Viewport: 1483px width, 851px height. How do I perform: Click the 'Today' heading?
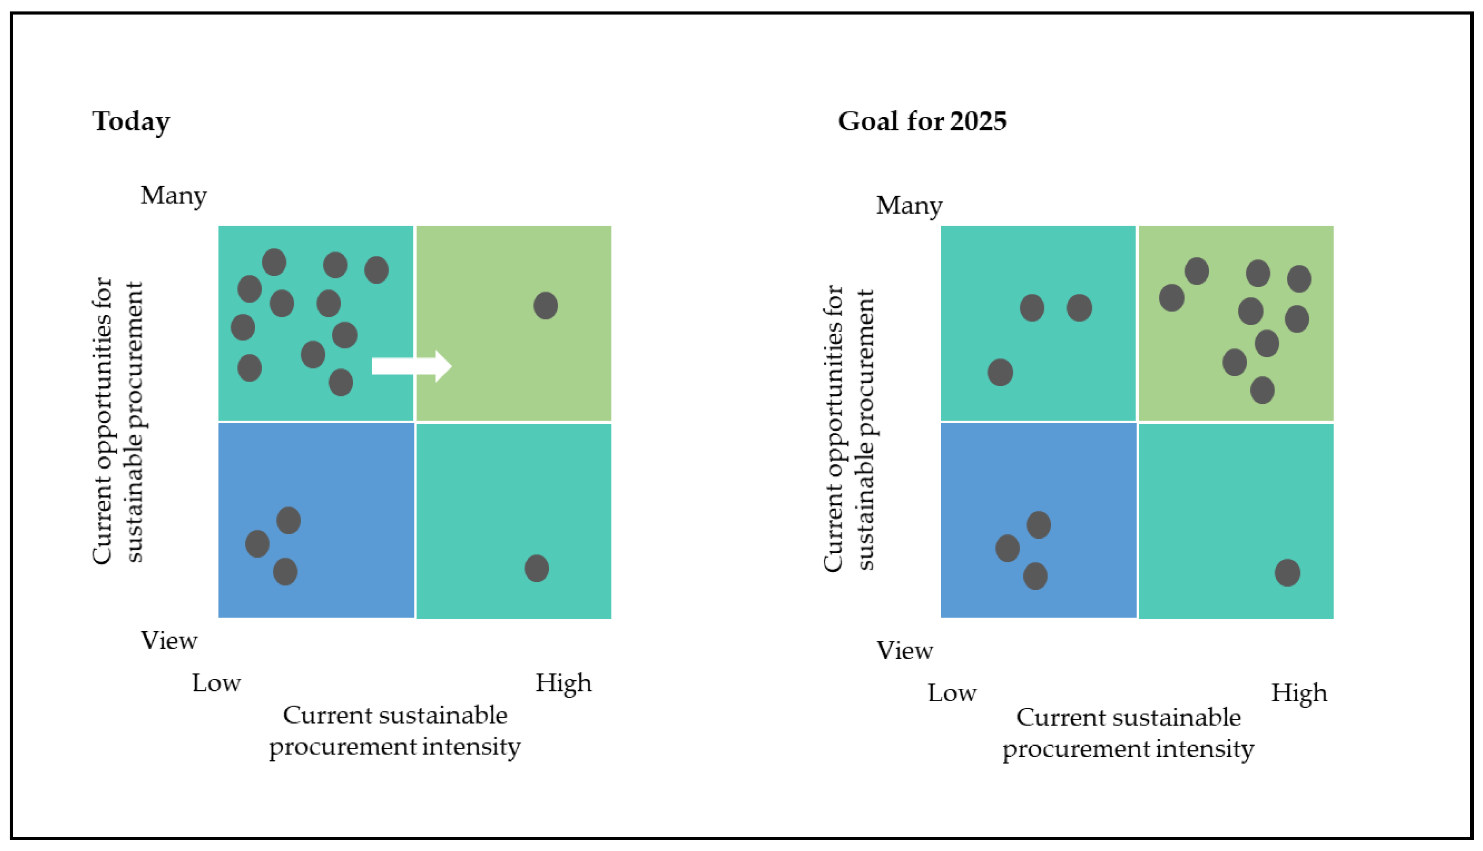[x=131, y=122]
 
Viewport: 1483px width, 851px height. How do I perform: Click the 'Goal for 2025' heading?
[x=922, y=122]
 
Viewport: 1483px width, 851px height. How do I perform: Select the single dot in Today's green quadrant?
[x=545, y=306]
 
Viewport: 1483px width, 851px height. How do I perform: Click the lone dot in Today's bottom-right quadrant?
[x=536, y=568]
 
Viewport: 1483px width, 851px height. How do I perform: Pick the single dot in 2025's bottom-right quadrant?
[x=1287, y=572]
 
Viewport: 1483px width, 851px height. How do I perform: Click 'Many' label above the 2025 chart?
[x=909, y=206]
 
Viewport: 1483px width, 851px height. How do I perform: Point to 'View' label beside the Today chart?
[x=169, y=641]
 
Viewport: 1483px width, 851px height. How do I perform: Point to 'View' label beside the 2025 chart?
[x=904, y=651]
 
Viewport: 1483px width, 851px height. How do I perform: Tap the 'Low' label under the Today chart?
[x=216, y=683]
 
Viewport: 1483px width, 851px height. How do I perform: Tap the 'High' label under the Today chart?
[x=563, y=683]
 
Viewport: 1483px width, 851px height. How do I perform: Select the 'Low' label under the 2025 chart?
[x=951, y=693]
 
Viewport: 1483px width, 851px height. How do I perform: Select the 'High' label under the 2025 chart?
[x=1299, y=693]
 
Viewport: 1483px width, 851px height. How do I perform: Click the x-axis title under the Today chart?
[x=395, y=731]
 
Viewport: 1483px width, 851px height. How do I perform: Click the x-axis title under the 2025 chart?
[x=1128, y=733]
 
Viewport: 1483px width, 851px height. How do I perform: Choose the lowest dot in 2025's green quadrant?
[x=1262, y=390]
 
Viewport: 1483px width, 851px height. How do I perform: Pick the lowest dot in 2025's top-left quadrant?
[x=1000, y=372]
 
